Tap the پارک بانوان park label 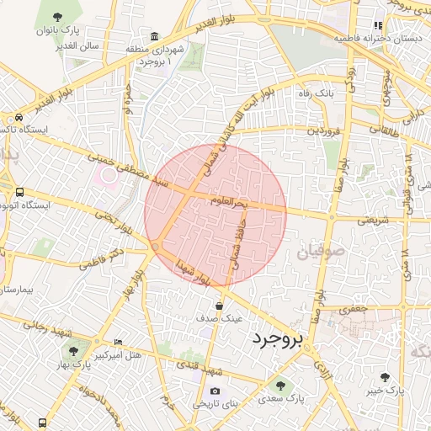point(57,30)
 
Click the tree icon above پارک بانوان point(56,17)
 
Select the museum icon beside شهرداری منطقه point(154,37)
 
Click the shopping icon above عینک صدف point(219,306)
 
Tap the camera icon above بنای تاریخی point(215,391)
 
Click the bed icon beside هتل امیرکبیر point(117,343)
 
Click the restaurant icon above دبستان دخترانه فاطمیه point(378,26)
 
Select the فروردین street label point(324,130)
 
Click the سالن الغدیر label point(79,45)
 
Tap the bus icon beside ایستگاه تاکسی point(19,117)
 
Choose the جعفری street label point(354,310)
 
